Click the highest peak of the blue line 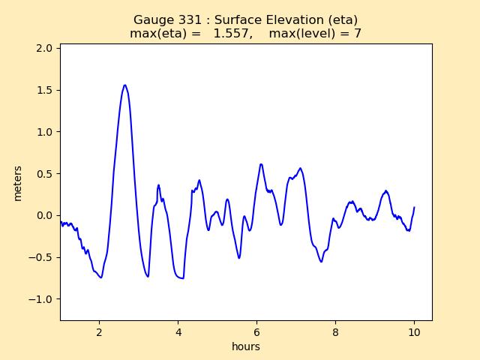click(x=124, y=85)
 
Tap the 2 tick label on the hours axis click(x=99, y=331)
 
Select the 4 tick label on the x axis click(x=178, y=331)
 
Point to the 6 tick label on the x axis click(x=257, y=331)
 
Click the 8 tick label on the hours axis click(x=336, y=331)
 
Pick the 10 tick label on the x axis click(x=415, y=331)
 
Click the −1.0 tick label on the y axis click(x=42, y=299)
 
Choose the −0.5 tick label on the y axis click(x=42, y=257)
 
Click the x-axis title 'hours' click(x=246, y=346)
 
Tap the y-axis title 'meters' click(x=18, y=183)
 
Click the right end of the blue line click(x=414, y=208)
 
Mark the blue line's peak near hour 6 click(x=261, y=164)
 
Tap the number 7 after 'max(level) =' click(x=358, y=34)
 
